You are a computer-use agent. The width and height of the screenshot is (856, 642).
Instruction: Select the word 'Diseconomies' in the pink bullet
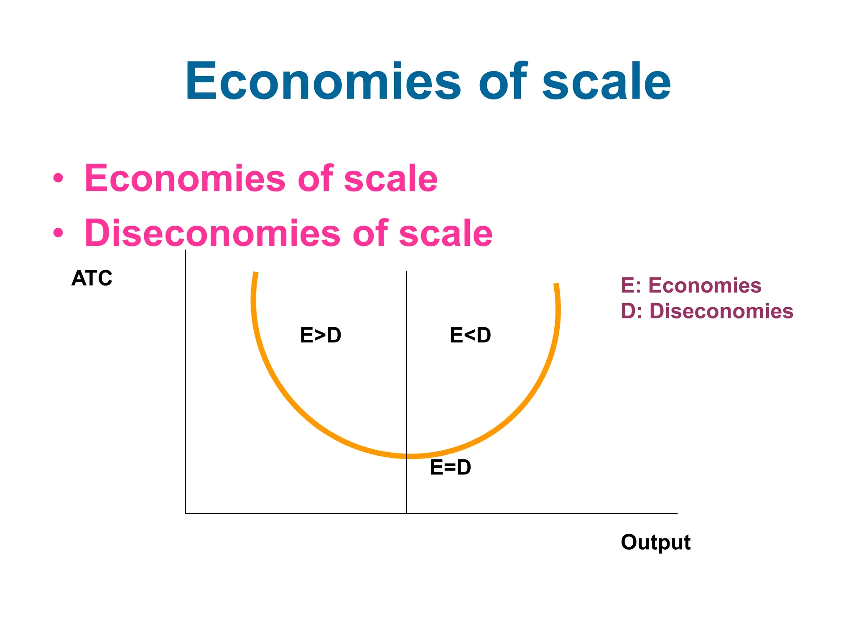[x=212, y=233]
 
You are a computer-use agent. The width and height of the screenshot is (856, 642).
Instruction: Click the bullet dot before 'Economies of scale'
[x=58, y=178]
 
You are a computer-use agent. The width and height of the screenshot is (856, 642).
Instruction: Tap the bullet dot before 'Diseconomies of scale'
[x=58, y=233]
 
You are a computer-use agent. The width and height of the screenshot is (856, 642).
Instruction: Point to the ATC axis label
[x=92, y=278]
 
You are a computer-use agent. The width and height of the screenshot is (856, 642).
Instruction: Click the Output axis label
[x=655, y=542]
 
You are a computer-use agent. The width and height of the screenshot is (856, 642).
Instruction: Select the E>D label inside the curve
[x=321, y=335]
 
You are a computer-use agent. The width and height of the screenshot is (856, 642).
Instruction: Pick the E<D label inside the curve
[x=470, y=335]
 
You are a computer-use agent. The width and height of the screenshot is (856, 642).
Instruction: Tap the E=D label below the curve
[x=451, y=467]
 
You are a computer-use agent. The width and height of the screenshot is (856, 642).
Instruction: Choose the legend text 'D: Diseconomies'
[x=707, y=311]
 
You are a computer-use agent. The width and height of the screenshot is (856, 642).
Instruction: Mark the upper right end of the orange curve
[x=556, y=284]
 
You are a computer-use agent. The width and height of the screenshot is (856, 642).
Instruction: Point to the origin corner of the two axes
[x=186, y=513]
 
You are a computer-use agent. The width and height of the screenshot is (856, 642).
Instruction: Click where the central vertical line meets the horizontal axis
[x=407, y=513]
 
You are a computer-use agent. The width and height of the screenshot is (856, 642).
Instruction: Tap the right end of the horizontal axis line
[x=677, y=513]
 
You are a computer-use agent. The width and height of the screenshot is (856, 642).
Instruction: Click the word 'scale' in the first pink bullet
[x=391, y=178]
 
